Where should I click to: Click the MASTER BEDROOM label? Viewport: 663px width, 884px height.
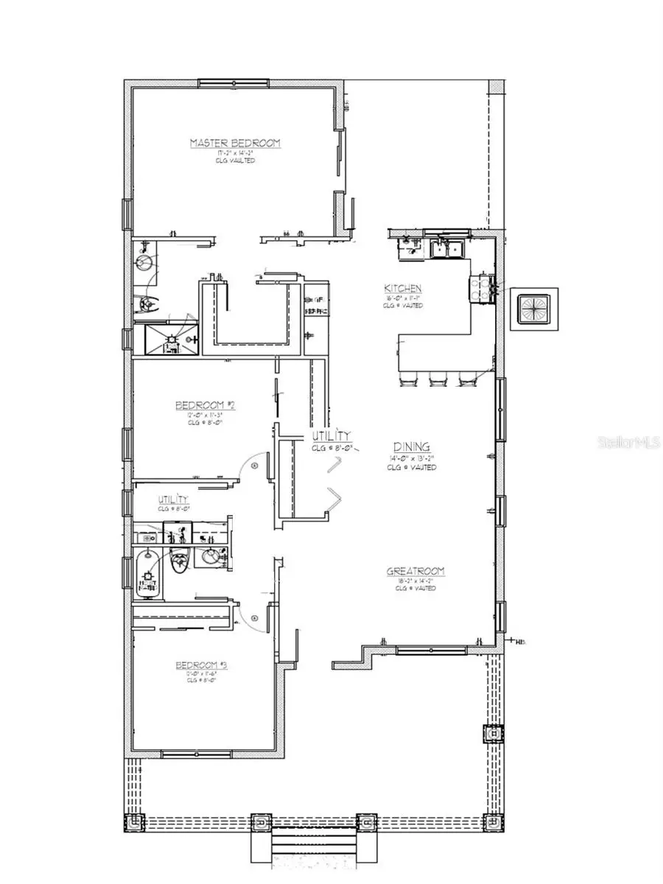[235, 143]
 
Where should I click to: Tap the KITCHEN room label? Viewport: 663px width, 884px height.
[402, 288]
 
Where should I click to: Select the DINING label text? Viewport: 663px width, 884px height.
[411, 447]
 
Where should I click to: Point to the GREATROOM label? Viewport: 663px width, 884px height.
[416, 571]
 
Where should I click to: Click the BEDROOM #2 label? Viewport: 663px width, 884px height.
[204, 405]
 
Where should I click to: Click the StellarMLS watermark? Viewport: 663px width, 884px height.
[629, 443]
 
